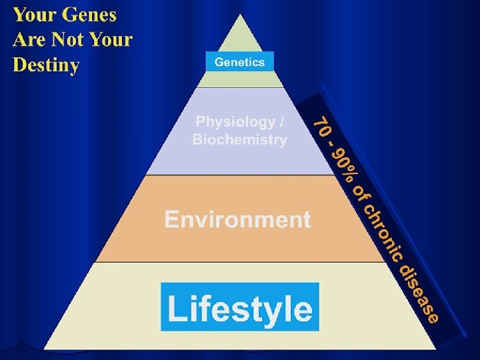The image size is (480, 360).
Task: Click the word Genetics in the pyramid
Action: click(239, 63)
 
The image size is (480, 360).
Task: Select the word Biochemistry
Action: click(240, 140)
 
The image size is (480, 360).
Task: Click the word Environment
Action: click(238, 219)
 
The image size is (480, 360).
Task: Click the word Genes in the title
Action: click(88, 15)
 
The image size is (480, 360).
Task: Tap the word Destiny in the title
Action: click(46, 65)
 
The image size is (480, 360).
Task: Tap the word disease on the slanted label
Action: click(419, 292)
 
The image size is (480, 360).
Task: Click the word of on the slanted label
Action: click(360, 193)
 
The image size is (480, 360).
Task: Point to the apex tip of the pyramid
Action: click(239, 15)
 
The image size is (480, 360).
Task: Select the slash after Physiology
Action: click(283, 122)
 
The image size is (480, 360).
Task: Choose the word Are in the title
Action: click(28, 40)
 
